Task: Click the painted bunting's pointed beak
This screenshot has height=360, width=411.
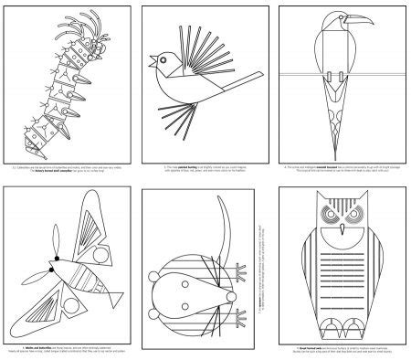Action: point(153,65)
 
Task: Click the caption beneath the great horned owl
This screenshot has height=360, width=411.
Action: point(343,351)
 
